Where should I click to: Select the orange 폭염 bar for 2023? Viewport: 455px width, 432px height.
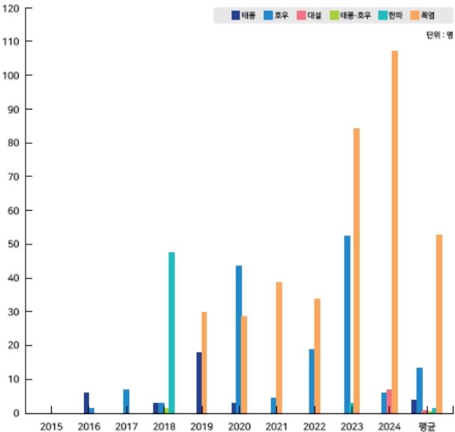357,271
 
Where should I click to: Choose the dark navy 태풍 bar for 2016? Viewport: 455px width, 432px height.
86,403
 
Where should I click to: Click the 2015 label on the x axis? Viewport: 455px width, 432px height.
51,426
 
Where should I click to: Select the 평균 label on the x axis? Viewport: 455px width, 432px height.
426,426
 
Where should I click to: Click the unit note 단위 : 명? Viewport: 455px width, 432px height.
439,34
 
